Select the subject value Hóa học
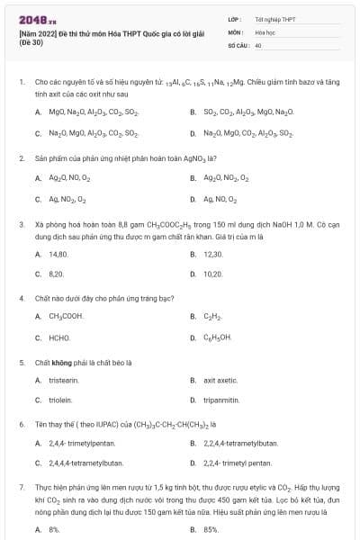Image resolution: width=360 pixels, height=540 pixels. click(265, 31)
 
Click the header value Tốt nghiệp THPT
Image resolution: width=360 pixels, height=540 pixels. click(274, 18)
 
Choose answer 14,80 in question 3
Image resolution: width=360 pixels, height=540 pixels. click(58, 255)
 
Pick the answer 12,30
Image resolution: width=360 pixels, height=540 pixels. click(212, 255)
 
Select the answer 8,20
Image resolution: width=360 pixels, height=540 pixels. click(56, 273)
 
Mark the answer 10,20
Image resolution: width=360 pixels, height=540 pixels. click(212, 273)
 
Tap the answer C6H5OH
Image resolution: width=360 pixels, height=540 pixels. click(217, 337)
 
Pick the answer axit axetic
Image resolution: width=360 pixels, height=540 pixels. click(220, 381)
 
